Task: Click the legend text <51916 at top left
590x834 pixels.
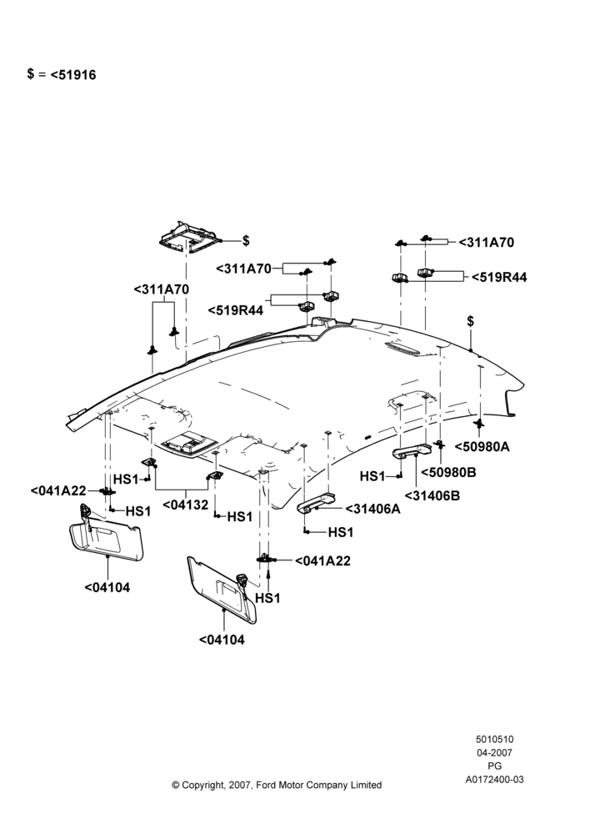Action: (73, 75)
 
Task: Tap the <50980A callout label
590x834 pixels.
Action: (482, 447)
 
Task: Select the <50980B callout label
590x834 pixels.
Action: (448, 472)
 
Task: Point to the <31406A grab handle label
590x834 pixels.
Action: (373, 509)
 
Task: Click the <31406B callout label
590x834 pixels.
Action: (432, 495)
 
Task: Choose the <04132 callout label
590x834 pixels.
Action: (186, 505)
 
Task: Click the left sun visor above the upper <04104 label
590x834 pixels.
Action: (107, 534)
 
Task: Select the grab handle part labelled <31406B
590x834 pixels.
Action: (412, 451)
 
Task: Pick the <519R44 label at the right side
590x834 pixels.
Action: (499, 277)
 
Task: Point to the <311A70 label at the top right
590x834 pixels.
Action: (487, 243)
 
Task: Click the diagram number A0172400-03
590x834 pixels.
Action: (495, 780)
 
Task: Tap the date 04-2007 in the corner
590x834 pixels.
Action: (495, 752)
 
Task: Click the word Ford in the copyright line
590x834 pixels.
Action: (266, 785)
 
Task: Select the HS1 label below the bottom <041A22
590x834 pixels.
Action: (267, 598)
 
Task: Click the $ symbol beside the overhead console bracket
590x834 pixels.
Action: (246, 241)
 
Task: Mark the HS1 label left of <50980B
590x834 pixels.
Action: (372, 476)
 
